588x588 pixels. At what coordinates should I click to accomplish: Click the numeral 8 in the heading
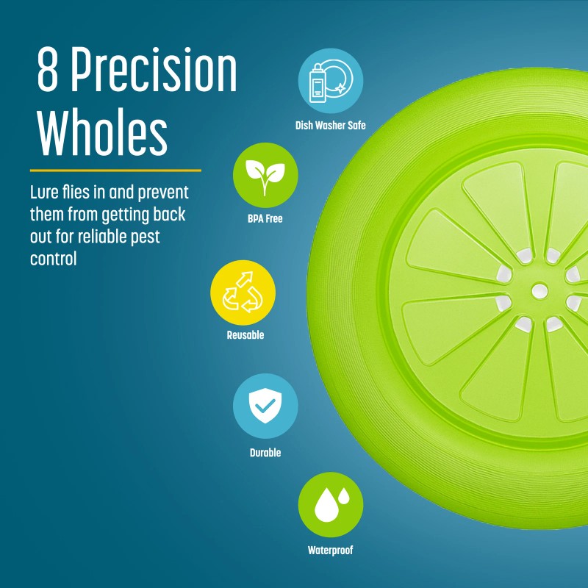point(48,71)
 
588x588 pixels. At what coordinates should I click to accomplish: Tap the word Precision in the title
point(154,71)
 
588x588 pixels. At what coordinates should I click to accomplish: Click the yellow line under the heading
point(115,170)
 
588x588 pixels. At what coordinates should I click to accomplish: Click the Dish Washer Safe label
point(330,126)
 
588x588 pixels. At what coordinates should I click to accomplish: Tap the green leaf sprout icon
point(265,175)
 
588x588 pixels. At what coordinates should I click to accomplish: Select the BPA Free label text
point(265,218)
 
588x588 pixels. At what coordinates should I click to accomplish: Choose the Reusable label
point(245,335)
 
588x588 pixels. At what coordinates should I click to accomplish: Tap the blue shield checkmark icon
point(265,406)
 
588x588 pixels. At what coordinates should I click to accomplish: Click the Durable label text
point(265,453)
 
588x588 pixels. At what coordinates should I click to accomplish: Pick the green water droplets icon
point(330,505)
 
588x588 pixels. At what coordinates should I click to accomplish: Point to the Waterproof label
point(330,550)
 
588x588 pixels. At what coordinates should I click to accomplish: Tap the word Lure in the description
point(44,193)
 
